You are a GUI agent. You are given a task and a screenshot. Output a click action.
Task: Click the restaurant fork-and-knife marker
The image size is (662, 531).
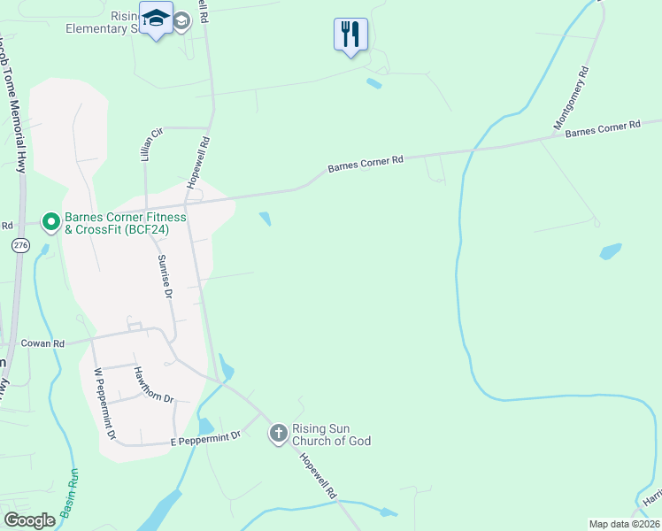(350, 35)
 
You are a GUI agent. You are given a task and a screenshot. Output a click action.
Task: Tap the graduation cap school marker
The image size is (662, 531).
(157, 20)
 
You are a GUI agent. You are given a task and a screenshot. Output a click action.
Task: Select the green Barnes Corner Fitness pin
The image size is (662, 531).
(51, 221)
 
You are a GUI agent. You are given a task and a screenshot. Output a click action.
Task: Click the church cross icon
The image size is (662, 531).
(279, 433)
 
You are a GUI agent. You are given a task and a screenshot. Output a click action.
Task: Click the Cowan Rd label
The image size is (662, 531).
(45, 343)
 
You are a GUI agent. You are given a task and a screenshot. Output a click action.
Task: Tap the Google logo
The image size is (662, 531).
(29, 519)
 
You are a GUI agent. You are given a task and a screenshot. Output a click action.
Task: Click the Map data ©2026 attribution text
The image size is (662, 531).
(623, 524)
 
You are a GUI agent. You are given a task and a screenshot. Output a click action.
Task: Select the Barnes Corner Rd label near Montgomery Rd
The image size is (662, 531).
(602, 129)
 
